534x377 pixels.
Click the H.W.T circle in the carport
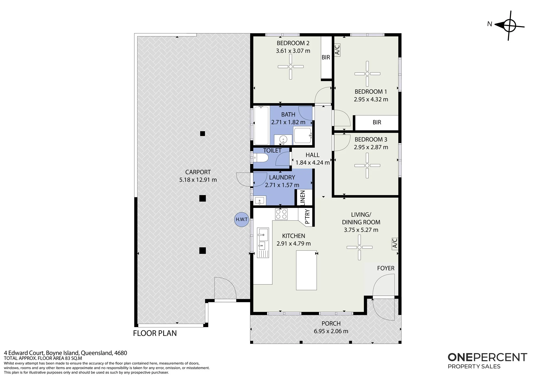(242, 220)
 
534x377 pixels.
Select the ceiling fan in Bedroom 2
(290, 67)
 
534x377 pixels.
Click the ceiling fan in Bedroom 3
(367, 166)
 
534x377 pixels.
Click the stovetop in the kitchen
(281, 214)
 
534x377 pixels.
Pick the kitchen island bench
(307, 270)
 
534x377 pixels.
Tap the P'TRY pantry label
(307, 216)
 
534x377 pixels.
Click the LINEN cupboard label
(303, 198)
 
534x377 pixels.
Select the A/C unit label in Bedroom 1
(337, 50)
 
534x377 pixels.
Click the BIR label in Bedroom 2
(326, 57)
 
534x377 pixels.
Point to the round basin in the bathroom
(283, 139)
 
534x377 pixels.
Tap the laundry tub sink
(259, 200)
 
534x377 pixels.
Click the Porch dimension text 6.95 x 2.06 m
(331, 331)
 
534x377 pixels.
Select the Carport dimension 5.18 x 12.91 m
(198, 180)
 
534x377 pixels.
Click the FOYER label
(386, 268)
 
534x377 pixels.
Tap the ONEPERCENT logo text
(487, 357)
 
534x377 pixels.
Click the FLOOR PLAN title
(155, 333)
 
